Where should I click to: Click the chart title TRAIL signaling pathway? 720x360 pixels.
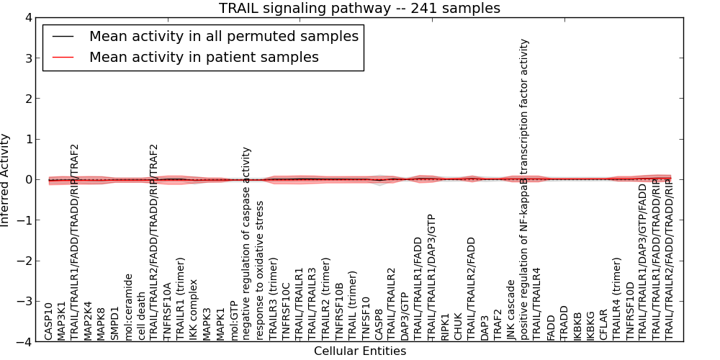coord(359,8)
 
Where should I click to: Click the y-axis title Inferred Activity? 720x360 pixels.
coord(6,179)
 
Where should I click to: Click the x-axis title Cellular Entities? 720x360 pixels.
coord(359,351)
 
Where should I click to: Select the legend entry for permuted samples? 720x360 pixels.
coord(223,36)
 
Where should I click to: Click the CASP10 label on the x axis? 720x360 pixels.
coord(49,321)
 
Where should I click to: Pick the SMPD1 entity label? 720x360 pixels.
coord(114,323)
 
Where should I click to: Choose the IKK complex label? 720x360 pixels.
coord(193,313)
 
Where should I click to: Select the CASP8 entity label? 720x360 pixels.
coord(378,323)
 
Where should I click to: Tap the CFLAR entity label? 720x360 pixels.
coord(603,325)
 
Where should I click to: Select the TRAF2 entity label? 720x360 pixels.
coord(498,325)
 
